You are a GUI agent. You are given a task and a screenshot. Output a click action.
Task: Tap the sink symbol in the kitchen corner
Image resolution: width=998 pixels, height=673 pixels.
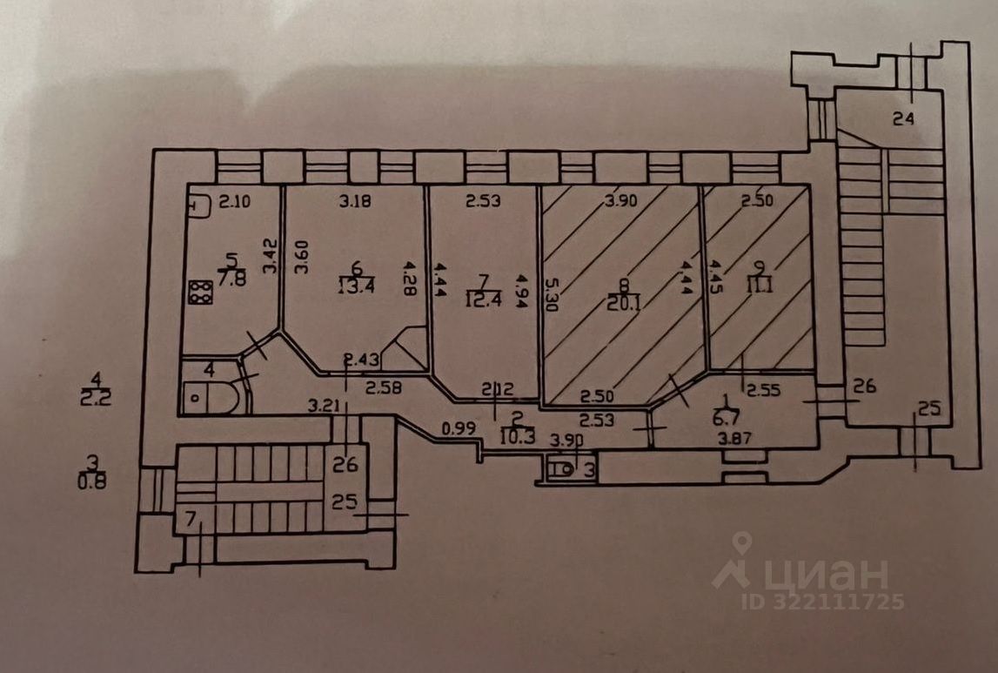(198, 207)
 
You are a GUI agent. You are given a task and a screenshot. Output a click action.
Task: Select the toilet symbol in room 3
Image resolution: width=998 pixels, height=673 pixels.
(564, 470)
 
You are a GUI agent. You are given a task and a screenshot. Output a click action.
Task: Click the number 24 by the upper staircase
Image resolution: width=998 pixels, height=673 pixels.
(903, 119)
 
